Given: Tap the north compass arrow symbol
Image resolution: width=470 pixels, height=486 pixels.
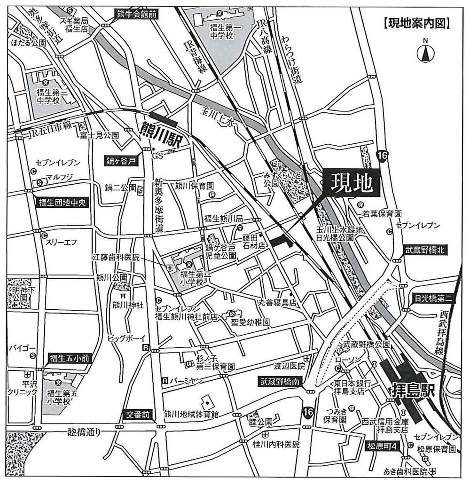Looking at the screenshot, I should (x=425, y=55).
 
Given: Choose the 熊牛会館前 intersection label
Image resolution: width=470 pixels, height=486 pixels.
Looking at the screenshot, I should (x=136, y=14).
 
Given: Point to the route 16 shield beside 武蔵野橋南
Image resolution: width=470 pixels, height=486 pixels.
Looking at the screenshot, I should (x=308, y=412).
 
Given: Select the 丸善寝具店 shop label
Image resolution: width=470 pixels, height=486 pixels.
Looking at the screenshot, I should (x=277, y=303).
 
